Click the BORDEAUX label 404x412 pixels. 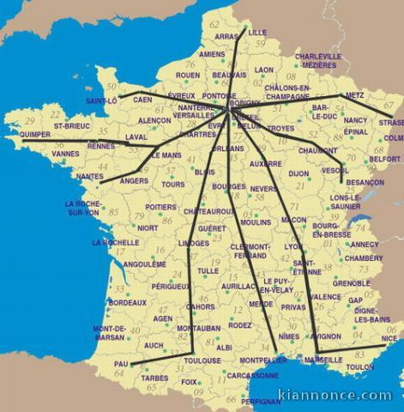(127, 302)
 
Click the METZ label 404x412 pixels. (354, 95)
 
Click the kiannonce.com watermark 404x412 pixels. (335, 396)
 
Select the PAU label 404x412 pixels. (121, 364)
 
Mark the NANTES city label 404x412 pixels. (89, 176)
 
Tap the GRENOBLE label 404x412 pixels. (351, 282)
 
